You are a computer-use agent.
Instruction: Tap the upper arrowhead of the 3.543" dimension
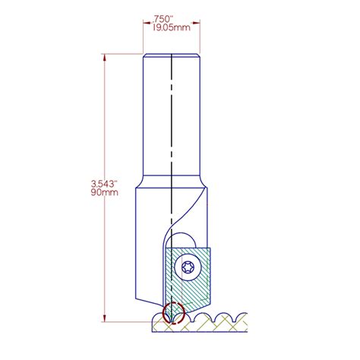click(105, 56)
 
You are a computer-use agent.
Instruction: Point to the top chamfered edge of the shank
click(172, 54)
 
